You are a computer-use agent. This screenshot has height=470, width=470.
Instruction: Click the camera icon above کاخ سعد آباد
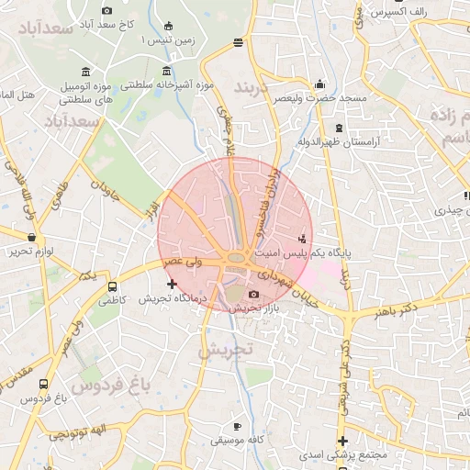click(107, 10)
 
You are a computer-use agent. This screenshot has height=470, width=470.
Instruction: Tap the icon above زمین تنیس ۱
click(167, 26)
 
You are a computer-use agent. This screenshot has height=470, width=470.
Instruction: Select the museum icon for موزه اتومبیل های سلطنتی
click(85, 72)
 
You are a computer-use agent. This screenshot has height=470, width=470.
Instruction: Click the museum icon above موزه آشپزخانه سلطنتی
click(166, 72)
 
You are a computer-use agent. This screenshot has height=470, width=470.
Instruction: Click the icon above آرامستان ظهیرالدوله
click(340, 128)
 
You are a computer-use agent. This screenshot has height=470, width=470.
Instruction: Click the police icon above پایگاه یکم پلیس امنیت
click(303, 239)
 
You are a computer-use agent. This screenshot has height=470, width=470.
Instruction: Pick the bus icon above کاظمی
click(112, 285)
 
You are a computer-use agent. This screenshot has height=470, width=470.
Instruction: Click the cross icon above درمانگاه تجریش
click(172, 285)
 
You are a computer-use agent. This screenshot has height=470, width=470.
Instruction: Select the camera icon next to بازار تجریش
click(254, 295)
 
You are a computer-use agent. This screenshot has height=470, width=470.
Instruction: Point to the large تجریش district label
click(224, 350)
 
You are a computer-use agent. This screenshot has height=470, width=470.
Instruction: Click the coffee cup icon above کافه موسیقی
click(238, 426)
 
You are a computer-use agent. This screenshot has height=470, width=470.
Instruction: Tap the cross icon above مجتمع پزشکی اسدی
click(342, 441)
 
